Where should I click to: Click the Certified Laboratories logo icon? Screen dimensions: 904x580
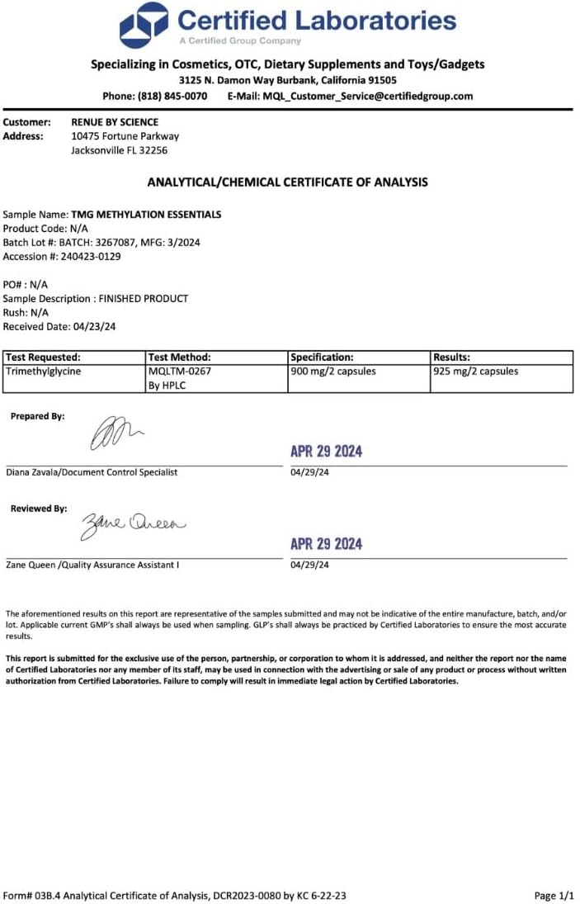[144, 25]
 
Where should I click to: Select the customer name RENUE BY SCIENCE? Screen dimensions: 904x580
[115, 122]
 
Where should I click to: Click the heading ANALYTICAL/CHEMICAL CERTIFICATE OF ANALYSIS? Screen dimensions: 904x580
[287, 182]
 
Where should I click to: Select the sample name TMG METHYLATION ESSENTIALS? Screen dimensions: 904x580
[146, 215]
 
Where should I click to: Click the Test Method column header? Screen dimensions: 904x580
[180, 357]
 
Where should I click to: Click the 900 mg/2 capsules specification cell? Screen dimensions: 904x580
[333, 372]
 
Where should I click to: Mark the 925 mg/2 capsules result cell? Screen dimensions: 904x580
[476, 372]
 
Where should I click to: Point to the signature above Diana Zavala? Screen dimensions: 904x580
[116, 433]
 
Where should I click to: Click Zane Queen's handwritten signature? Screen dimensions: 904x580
[133, 523]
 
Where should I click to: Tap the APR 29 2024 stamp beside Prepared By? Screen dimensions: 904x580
[326, 452]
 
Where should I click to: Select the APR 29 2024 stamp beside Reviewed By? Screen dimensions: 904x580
[326, 544]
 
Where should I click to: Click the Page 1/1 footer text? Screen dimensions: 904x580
[554, 895]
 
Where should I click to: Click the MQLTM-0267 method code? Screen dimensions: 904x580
[174, 372]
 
